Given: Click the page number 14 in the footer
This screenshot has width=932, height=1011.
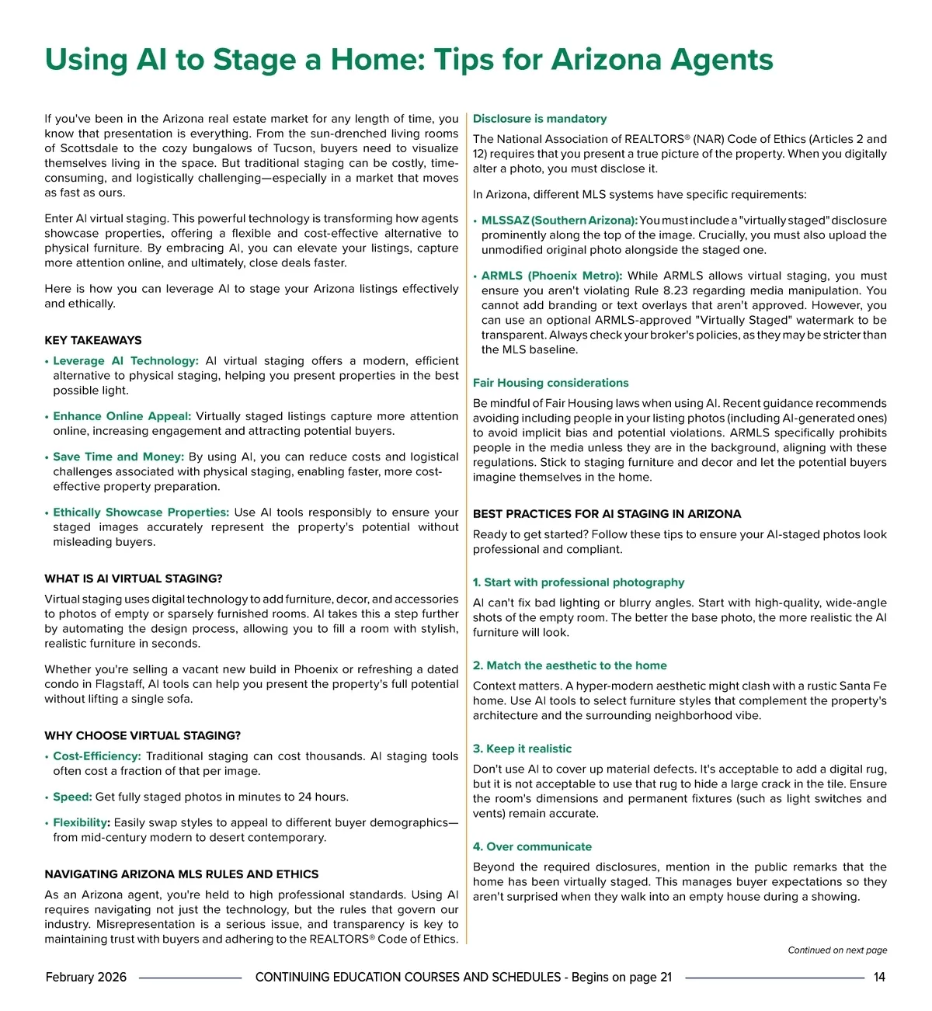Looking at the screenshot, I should (x=879, y=977).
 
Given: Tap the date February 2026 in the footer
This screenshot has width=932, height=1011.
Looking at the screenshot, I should (x=86, y=977).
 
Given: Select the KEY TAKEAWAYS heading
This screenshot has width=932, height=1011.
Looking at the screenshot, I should (x=93, y=340).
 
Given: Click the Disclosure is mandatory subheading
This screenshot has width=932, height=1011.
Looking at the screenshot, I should (x=540, y=119).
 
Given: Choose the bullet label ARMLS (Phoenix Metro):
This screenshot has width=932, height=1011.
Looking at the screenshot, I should (x=551, y=276).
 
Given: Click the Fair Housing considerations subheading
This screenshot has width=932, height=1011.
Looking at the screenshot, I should (x=551, y=383).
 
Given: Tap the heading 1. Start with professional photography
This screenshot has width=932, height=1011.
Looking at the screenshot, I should (x=579, y=582).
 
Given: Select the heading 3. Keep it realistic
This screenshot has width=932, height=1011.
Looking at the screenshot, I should (x=522, y=749).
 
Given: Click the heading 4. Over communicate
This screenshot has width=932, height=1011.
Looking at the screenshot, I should (x=532, y=846).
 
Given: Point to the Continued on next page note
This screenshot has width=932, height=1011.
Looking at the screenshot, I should (x=837, y=950).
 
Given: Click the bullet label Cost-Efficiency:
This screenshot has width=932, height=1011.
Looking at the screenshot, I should (x=97, y=756).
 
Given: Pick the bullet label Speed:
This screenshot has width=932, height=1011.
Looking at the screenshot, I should (x=72, y=797).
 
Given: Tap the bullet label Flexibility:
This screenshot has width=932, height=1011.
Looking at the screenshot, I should (x=82, y=822).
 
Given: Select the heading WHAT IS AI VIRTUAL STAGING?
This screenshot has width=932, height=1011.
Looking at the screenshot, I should (x=134, y=578).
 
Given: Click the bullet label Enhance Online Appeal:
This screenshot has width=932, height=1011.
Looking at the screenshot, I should (x=122, y=416).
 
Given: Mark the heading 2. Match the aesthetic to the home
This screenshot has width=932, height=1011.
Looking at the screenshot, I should (x=570, y=665).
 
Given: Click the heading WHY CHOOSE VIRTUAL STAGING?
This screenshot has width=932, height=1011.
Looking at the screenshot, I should (x=143, y=735).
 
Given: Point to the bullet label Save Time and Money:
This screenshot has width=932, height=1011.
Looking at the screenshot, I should (x=118, y=457).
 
